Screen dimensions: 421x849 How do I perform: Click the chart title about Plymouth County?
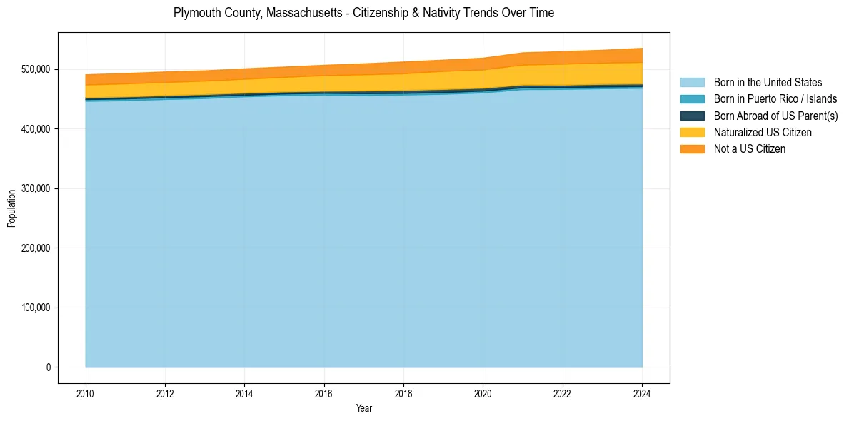click(x=363, y=13)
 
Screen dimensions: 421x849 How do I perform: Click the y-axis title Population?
click(x=11, y=208)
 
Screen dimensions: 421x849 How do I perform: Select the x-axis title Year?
click(x=364, y=409)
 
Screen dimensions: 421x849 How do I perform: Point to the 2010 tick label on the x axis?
click(x=86, y=393)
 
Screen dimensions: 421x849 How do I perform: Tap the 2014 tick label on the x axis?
click(x=244, y=393)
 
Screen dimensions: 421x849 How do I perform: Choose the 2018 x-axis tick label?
click(x=403, y=393)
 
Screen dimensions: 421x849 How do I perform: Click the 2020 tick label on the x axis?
click(x=483, y=393)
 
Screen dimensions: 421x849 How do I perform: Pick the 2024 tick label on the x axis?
click(x=642, y=393)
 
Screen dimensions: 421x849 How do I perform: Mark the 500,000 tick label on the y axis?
click(x=35, y=69)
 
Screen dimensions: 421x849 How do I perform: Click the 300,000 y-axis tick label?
click(x=35, y=188)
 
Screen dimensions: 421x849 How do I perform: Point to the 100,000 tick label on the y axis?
click(x=35, y=308)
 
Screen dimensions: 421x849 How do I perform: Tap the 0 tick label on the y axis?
click(x=49, y=367)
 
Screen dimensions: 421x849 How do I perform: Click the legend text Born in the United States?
click(x=768, y=83)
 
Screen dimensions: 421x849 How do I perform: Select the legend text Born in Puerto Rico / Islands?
click(x=775, y=99)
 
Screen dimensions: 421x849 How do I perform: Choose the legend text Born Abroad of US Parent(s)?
click(x=775, y=116)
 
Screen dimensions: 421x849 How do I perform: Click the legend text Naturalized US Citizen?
click(x=763, y=133)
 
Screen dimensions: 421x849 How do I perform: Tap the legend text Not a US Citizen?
click(x=750, y=149)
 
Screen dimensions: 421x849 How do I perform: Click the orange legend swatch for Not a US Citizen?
click(x=692, y=149)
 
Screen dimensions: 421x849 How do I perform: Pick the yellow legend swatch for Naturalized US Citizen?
click(x=692, y=133)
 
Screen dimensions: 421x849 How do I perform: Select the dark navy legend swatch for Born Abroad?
click(x=692, y=116)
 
